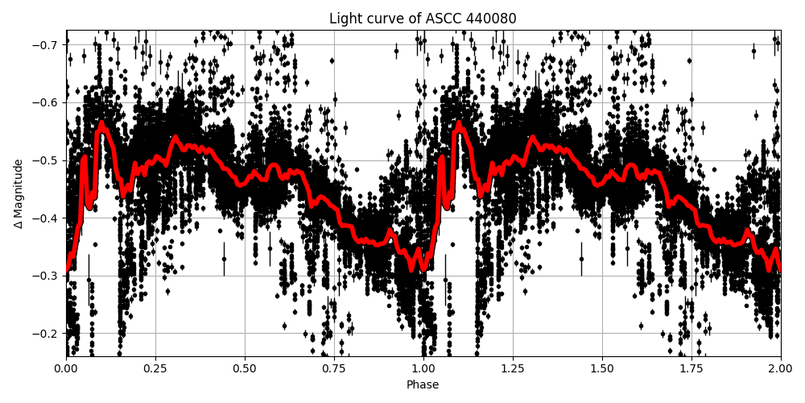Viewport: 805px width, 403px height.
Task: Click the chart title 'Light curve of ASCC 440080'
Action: pyautogui.click(x=423, y=19)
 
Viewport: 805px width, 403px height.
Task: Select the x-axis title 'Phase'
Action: pyautogui.click(x=423, y=385)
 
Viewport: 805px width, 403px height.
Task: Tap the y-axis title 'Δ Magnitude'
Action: pyautogui.click(x=19, y=193)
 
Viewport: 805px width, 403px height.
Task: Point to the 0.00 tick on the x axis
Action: pyautogui.click(x=66, y=368)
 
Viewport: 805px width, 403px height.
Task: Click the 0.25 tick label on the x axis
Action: pyautogui.click(x=155, y=368)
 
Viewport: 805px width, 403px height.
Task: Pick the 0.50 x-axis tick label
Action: pyautogui.click(x=245, y=368)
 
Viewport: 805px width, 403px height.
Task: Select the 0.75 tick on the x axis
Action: pyautogui.click(x=334, y=368)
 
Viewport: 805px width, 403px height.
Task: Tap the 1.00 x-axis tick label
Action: pyautogui.click(x=423, y=368)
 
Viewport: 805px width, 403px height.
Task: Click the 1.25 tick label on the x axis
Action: pyautogui.click(x=513, y=368)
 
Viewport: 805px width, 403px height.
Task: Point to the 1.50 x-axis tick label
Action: pyautogui.click(x=602, y=368)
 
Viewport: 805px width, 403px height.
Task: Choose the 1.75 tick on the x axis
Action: pyautogui.click(x=691, y=368)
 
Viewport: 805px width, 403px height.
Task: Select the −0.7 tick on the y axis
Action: pyautogui.click(x=47, y=44)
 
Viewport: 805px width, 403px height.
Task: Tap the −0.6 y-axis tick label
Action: pyautogui.click(x=47, y=102)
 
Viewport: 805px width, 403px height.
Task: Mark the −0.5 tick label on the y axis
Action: pyautogui.click(x=47, y=160)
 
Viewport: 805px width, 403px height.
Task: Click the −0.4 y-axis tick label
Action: pyautogui.click(x=47, y=218)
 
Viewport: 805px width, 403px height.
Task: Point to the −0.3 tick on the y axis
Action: pyautogui.click(x=47, y=276)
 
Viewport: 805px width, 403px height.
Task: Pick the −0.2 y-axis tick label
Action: pyautogui.click(x=47, y=334)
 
